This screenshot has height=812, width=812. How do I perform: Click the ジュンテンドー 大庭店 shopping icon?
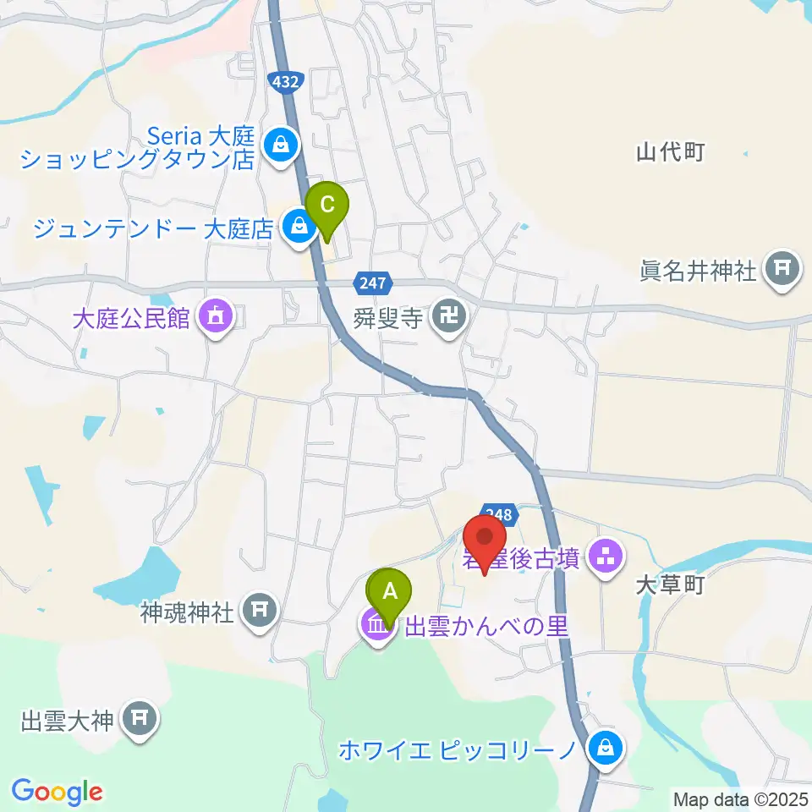click(x=298, y=225)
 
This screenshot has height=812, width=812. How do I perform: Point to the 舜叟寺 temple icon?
click(x=445, y=317)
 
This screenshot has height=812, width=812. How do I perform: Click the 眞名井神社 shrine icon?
click(x=779, y=270)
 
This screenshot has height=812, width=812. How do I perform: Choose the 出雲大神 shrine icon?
click(x=138, y=719)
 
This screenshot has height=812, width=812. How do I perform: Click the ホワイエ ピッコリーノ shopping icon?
click(x=606, y=748)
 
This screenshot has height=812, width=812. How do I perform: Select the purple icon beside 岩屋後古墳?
click(x=605, y=556)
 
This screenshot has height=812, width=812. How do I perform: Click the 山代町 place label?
click(x=671, y=152)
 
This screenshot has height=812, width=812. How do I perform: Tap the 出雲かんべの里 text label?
click(x=486, y=627)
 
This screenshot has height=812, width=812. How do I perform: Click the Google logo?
click(x=57, y=791)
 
